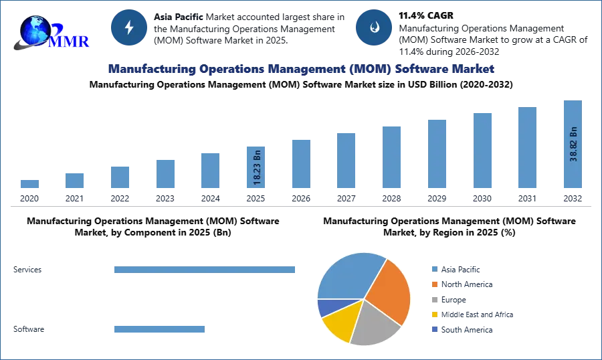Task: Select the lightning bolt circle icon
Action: coord(129,27)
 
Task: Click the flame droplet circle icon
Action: coord(373,27)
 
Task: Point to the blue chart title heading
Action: coord(301,69)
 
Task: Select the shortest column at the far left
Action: coord(29,185)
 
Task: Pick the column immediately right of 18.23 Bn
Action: coord(300,166)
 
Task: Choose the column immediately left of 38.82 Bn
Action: coord(526,150)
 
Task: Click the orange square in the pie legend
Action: coord(434,284)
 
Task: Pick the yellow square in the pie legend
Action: coord(434,315)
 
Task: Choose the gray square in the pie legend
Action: coord(434,300)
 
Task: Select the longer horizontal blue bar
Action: coord(205,268)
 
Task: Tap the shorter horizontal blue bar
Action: coord(160,329)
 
